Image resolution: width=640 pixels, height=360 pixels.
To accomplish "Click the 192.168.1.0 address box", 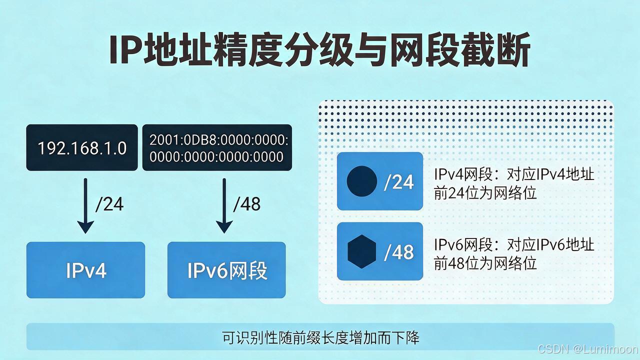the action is tap(82, 147).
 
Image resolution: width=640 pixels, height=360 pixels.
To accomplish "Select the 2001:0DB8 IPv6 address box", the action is tap(217, 147).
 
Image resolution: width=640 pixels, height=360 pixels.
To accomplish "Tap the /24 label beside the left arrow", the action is tap(109, 204).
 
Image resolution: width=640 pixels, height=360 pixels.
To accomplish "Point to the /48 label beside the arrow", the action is tap(247, 204).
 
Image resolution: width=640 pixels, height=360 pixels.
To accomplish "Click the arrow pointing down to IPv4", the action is tap(85, 205).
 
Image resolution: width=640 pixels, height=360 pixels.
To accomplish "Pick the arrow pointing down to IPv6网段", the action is tap(224, 205).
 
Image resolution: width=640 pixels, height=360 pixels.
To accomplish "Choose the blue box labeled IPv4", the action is tap(85, 270).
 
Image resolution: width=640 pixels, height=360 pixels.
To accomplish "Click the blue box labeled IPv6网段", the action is tap(226, 270).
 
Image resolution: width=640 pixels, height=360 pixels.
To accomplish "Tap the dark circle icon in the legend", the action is tap(361, 181).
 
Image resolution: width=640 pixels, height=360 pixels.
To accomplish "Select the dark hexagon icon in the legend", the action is tap(361, 251).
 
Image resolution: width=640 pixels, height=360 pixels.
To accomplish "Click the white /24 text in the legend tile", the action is tap(399, 181).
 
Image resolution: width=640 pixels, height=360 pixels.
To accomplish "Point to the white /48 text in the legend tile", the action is tap(399, 252).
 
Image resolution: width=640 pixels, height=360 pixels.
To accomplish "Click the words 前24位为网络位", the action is tap(485, 193).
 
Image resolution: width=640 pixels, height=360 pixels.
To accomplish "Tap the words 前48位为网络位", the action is tap(485, 263).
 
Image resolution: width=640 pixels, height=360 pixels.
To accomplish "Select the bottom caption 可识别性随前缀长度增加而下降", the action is tap(320, 337).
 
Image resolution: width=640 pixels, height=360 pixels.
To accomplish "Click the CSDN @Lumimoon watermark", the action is tap(588, 349).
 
